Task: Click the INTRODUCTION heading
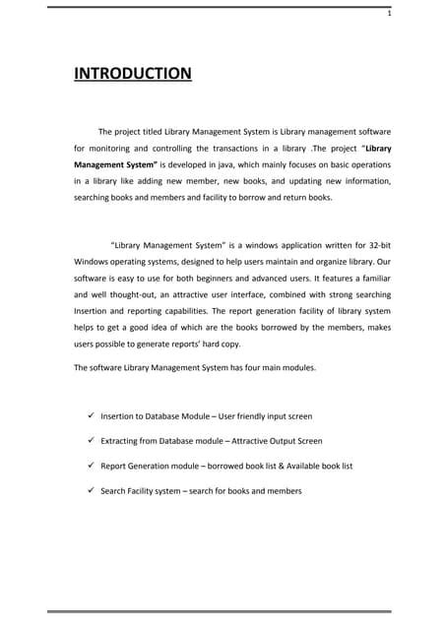133,75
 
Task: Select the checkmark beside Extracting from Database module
90,441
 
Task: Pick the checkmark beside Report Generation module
90,466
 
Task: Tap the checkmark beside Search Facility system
90,490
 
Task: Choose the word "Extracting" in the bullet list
120,441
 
